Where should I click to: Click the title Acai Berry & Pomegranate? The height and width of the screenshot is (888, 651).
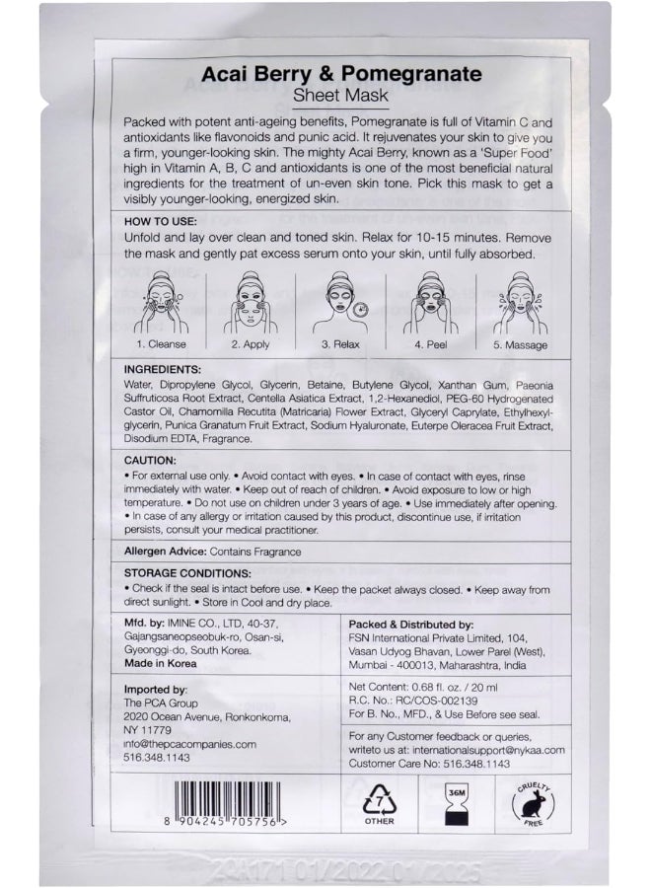point(341,74)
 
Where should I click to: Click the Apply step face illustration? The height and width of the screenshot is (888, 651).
point(250,307)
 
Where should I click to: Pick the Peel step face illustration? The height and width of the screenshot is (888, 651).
point(431,307)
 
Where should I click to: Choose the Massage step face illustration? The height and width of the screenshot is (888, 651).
point(520,307)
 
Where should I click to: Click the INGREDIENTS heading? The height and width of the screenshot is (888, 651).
point(167,366)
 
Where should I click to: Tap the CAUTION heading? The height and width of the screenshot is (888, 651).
point(151,461)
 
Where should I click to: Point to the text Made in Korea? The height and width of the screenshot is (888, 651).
point(161,663)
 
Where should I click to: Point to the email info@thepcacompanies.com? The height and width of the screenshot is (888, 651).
point(190,744)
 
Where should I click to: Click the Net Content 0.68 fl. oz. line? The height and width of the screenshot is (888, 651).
point(425,686)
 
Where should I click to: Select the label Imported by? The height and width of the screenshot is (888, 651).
point(158,690)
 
